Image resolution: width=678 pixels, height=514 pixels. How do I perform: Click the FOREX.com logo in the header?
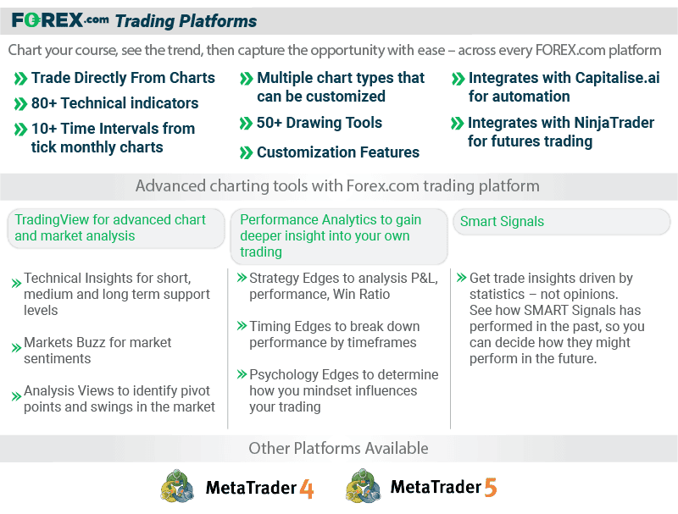tap(60, 20)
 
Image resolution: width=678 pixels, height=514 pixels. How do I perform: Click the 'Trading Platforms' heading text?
tap(186, 21)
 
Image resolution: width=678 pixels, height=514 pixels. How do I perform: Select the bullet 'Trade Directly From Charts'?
tap(123, 78)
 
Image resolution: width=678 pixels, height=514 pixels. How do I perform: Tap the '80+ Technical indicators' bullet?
tap(114, 103)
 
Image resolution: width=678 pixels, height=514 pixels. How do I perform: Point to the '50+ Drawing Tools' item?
tap(320, 123)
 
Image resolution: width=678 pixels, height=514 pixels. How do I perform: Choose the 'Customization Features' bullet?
tap(337, 152)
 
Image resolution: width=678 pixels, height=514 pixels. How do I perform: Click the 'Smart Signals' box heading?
tap(502, 222)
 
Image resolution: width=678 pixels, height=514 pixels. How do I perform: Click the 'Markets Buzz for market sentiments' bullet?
tap(97, 351)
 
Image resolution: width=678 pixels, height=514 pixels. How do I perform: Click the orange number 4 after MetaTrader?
tap(306, 488)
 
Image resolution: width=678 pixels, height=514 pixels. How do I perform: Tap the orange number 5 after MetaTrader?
tap(491, 488)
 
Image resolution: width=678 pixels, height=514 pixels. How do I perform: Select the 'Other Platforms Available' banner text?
tap(338, 448)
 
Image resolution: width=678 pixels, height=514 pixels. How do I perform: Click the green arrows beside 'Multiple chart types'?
tap(247, 79)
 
